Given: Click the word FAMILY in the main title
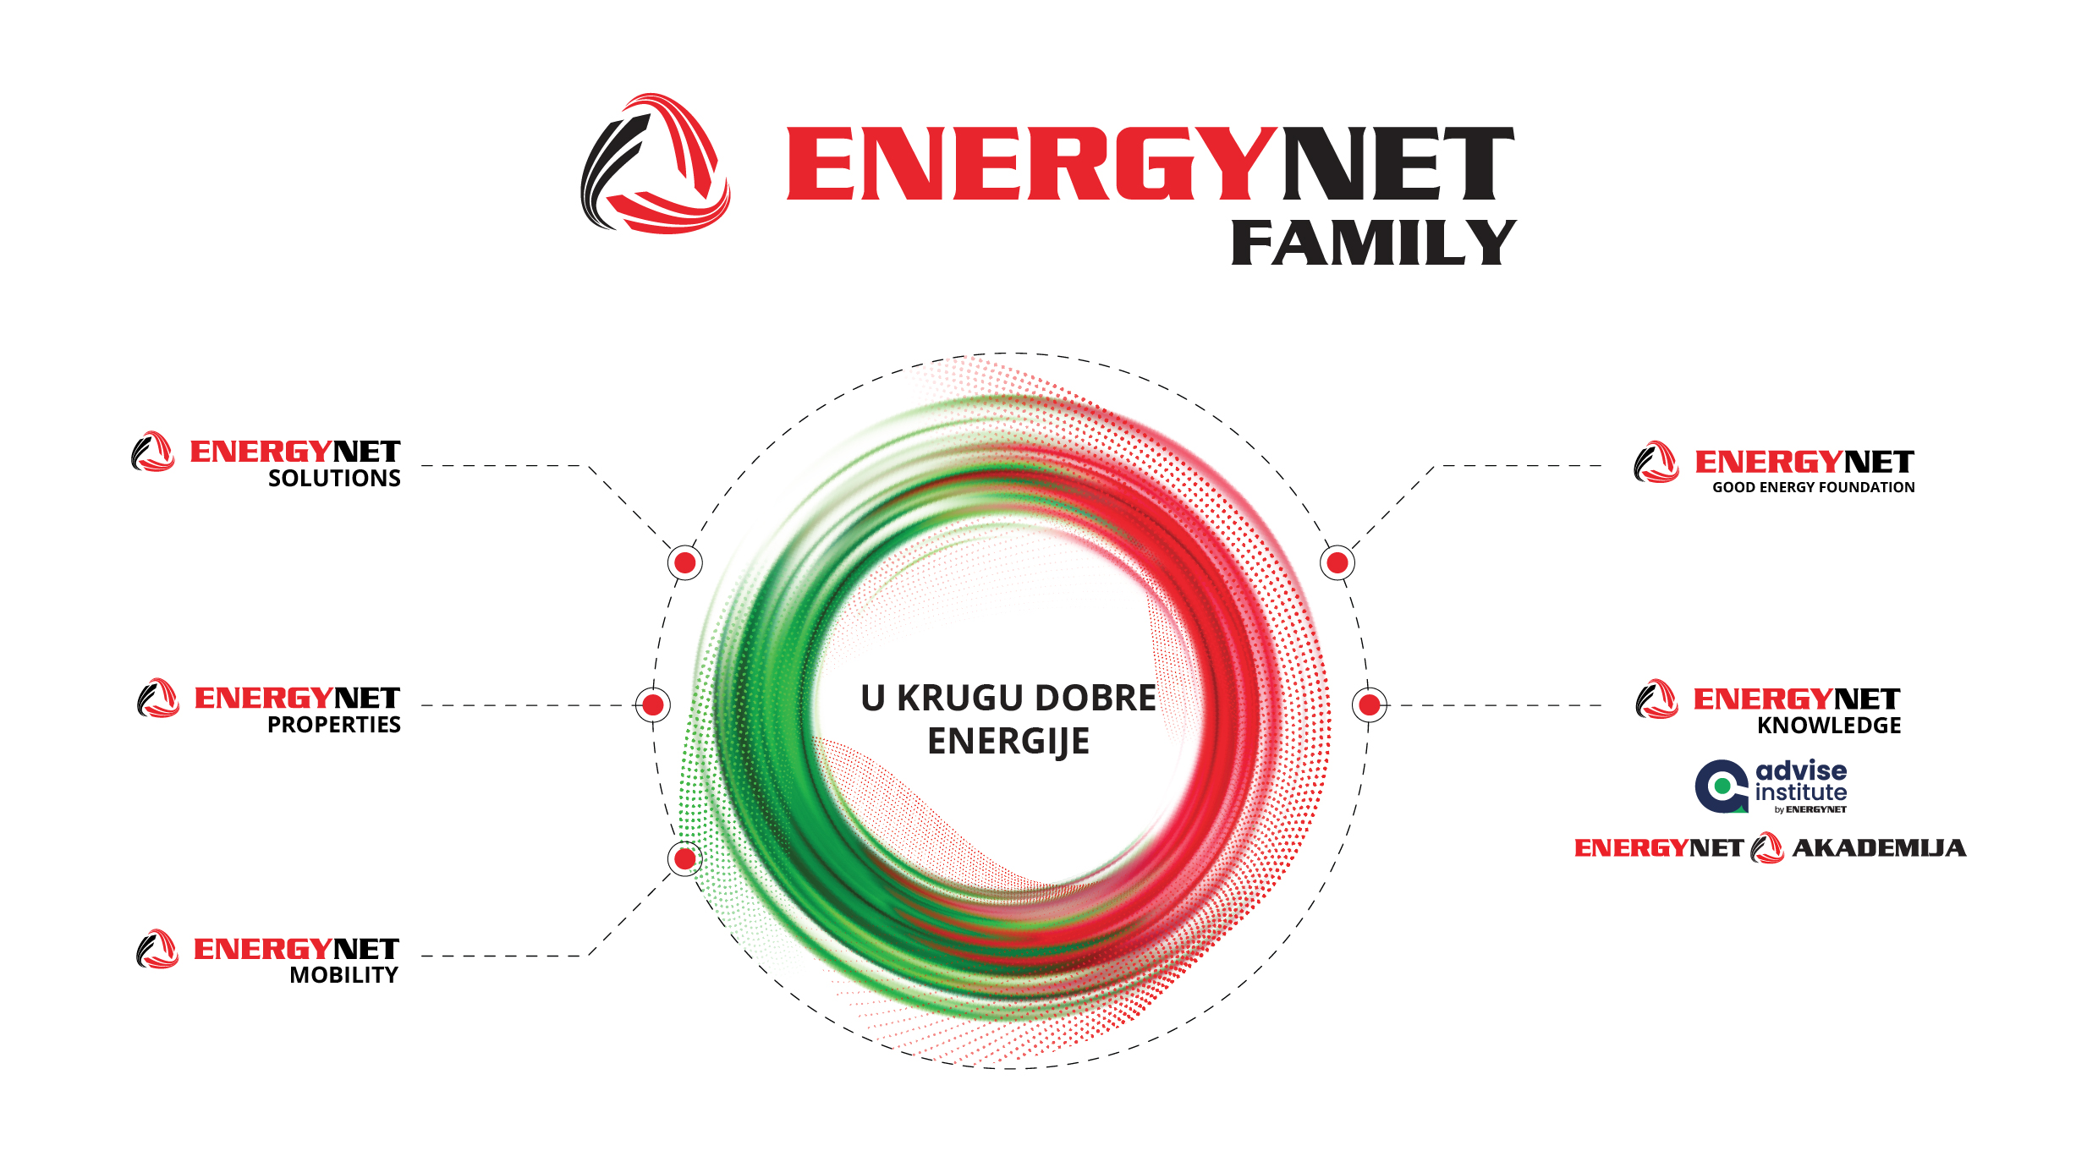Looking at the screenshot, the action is tap(1373, 243).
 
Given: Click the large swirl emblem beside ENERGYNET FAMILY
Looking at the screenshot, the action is tap(656, 163).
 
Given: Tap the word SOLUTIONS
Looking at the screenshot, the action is tap(334, 479).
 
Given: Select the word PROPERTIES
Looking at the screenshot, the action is tap(334, 725).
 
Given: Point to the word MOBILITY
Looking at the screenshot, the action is tap(343, 975).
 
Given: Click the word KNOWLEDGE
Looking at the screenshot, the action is tap(1829, 726).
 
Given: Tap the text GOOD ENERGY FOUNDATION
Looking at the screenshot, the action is tap(1814, 487).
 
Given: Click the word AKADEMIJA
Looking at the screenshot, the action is tap(1880, 847).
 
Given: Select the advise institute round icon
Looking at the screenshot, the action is tap(1722, 787).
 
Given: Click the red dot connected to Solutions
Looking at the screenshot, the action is tap(685, 562).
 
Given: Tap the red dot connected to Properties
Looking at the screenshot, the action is tap(653, 704).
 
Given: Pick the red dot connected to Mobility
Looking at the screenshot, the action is tap(685, 859).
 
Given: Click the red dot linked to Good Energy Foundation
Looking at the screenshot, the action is tap(1337, 562).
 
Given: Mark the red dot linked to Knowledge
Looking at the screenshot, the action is tap(1370, 704).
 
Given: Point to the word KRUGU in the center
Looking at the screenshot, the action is tap(959, 699).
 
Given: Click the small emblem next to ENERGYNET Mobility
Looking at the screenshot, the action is tap(157, 949).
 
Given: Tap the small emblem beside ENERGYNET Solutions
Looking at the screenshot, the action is tap(153, 452).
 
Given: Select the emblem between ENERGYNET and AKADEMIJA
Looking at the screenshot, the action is tap(1767, 848).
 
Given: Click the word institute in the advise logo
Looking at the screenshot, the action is tap(1801, 792).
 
